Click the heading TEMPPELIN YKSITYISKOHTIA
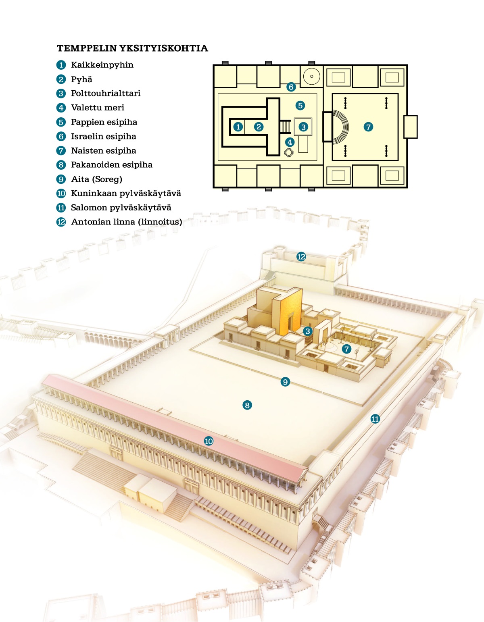[x=132, y=48]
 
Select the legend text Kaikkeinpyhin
[x=102, y=65]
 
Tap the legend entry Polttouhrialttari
[x=106, y=94]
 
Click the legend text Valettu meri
[x=98, y=108]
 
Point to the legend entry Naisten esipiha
[x=104, y=151]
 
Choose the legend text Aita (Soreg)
[x=96, y=179]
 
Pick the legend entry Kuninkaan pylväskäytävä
[x=126, y=193]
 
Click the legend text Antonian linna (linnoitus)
[x=127, y=222]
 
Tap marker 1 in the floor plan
[x=238, y=127]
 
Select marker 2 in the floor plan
[x=259, y=127]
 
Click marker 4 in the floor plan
[x=290, y=142]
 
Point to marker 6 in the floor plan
[x=291, y=87]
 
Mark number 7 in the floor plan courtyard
[x=368, y=127]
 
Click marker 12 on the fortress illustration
[x=301, y=257]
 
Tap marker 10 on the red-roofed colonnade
[x=209, y=441]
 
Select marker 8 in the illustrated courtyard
[x=247, y=405]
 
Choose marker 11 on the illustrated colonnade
[x=375, y=419]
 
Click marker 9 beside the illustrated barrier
[x=285, y=382]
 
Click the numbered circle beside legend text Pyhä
[x=61, y=79]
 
